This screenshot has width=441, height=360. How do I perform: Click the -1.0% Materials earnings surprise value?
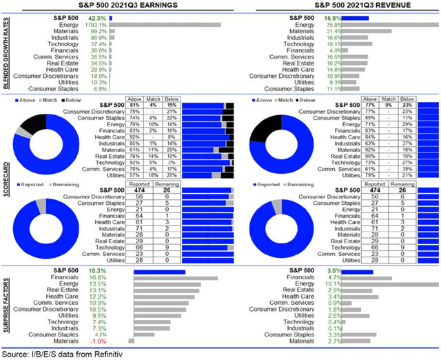coord(98,341)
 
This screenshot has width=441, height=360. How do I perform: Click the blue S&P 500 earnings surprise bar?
coord(158,272)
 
